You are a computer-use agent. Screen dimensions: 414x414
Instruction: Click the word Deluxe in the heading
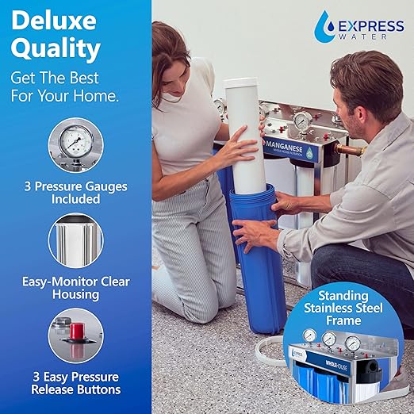click(x=55, y=21)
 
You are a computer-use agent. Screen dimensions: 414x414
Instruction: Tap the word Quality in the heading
click(x=56, y=50)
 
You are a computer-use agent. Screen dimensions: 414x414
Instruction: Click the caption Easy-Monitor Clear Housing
click(x=75, y=288)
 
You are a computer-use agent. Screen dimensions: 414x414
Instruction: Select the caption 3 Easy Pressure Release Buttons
click(x=75, y=382)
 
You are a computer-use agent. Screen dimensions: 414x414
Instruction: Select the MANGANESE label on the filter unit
click(x=286, y=148)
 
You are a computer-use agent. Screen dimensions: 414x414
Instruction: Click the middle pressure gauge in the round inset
click(x=328, y=339)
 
